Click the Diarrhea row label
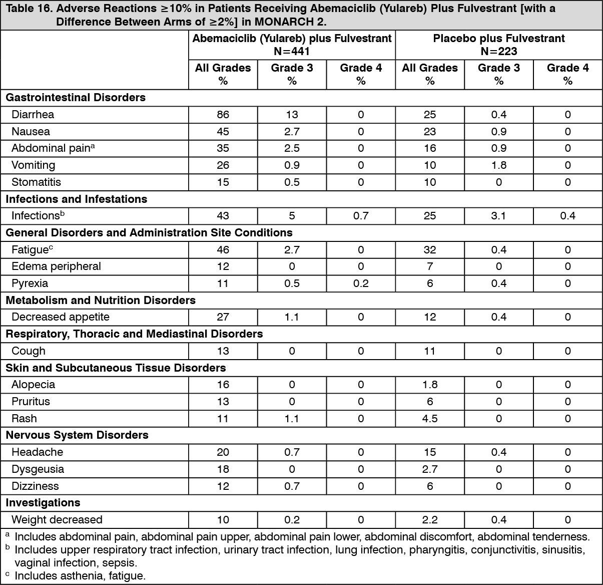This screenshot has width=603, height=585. pos(33,115)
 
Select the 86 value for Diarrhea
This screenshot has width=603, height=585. pos(223,115)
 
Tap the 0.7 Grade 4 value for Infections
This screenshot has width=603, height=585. pos(361,216)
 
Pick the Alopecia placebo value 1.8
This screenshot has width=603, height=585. pos(430,385)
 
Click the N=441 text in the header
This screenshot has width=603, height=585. pos(292,51)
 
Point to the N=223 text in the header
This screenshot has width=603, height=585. pos(498,51)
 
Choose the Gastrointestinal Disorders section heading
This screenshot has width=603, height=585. pos(76,98)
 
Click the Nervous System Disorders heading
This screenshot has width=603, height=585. pos(77,435)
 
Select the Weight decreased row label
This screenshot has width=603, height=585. pos(57,520)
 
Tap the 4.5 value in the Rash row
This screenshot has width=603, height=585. pos(430,419)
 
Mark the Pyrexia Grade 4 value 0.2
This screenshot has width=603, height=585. pos(361,283)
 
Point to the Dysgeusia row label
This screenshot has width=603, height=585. pos(38,469)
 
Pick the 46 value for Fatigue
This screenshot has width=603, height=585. pos(223,250)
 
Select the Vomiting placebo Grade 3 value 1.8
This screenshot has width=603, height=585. pos(498,165)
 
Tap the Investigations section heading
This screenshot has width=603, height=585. pos(43,503)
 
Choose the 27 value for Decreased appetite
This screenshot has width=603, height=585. pos(223,317)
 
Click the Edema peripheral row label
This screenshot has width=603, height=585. pos(56,266)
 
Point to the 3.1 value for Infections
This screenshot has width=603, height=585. pos(498,216)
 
